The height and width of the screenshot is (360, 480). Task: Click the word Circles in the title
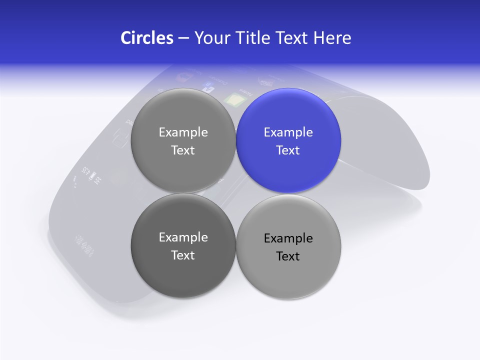tap(146, 38)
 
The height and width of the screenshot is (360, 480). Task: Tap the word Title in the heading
tap(253, 38)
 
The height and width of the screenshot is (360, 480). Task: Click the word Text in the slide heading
tap(293, 38)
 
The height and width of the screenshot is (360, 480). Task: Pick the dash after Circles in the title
tap(183, 38)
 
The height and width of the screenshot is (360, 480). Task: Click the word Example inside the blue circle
tap(288, 132)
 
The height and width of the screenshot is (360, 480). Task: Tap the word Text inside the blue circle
tap(288, 150)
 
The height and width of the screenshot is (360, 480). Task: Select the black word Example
tap(288, 238)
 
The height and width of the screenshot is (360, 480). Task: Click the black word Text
tap(288, 256)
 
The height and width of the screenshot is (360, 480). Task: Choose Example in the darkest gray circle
tap(183, 237)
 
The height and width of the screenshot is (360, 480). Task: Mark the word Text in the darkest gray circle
tap(183, 255)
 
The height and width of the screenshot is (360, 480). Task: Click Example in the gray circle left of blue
tap(183, 132)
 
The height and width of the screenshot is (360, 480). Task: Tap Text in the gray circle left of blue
tap(183, 150)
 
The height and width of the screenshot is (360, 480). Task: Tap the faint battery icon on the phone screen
tap(93, 176)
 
